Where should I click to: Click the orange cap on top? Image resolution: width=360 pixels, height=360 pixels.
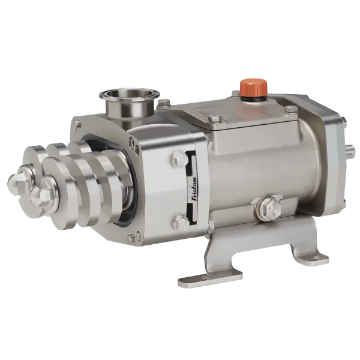click(254, 88)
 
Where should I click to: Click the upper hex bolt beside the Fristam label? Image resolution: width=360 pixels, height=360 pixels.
click(179, 158)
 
